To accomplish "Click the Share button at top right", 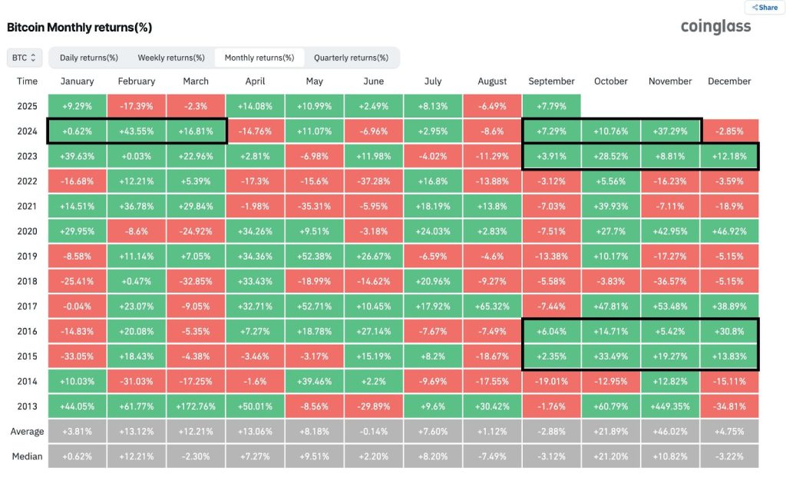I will coord(765,7).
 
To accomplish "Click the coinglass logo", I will coord(715,27).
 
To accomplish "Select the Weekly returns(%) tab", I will coord(171,58).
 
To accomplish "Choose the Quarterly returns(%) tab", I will coord(351,58).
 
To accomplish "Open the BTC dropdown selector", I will coord(23,58).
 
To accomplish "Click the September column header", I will coord(551,81).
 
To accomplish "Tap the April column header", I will coord(255,81).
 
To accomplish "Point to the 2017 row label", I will coord(27,306).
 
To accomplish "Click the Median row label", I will coord(27,456).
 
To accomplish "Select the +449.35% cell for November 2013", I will coord(670,406).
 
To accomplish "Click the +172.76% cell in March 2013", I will coord(196,406).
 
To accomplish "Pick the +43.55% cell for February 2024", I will coord(137,131).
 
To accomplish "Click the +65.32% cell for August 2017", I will coord(492,306).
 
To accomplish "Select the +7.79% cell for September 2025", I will coord(551,105).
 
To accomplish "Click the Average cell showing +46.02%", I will coord(670,431).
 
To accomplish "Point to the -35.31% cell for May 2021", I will coord(314,205).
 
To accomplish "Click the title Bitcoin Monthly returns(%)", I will coord(79,28).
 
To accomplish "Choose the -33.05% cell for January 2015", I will coord(77,356).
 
